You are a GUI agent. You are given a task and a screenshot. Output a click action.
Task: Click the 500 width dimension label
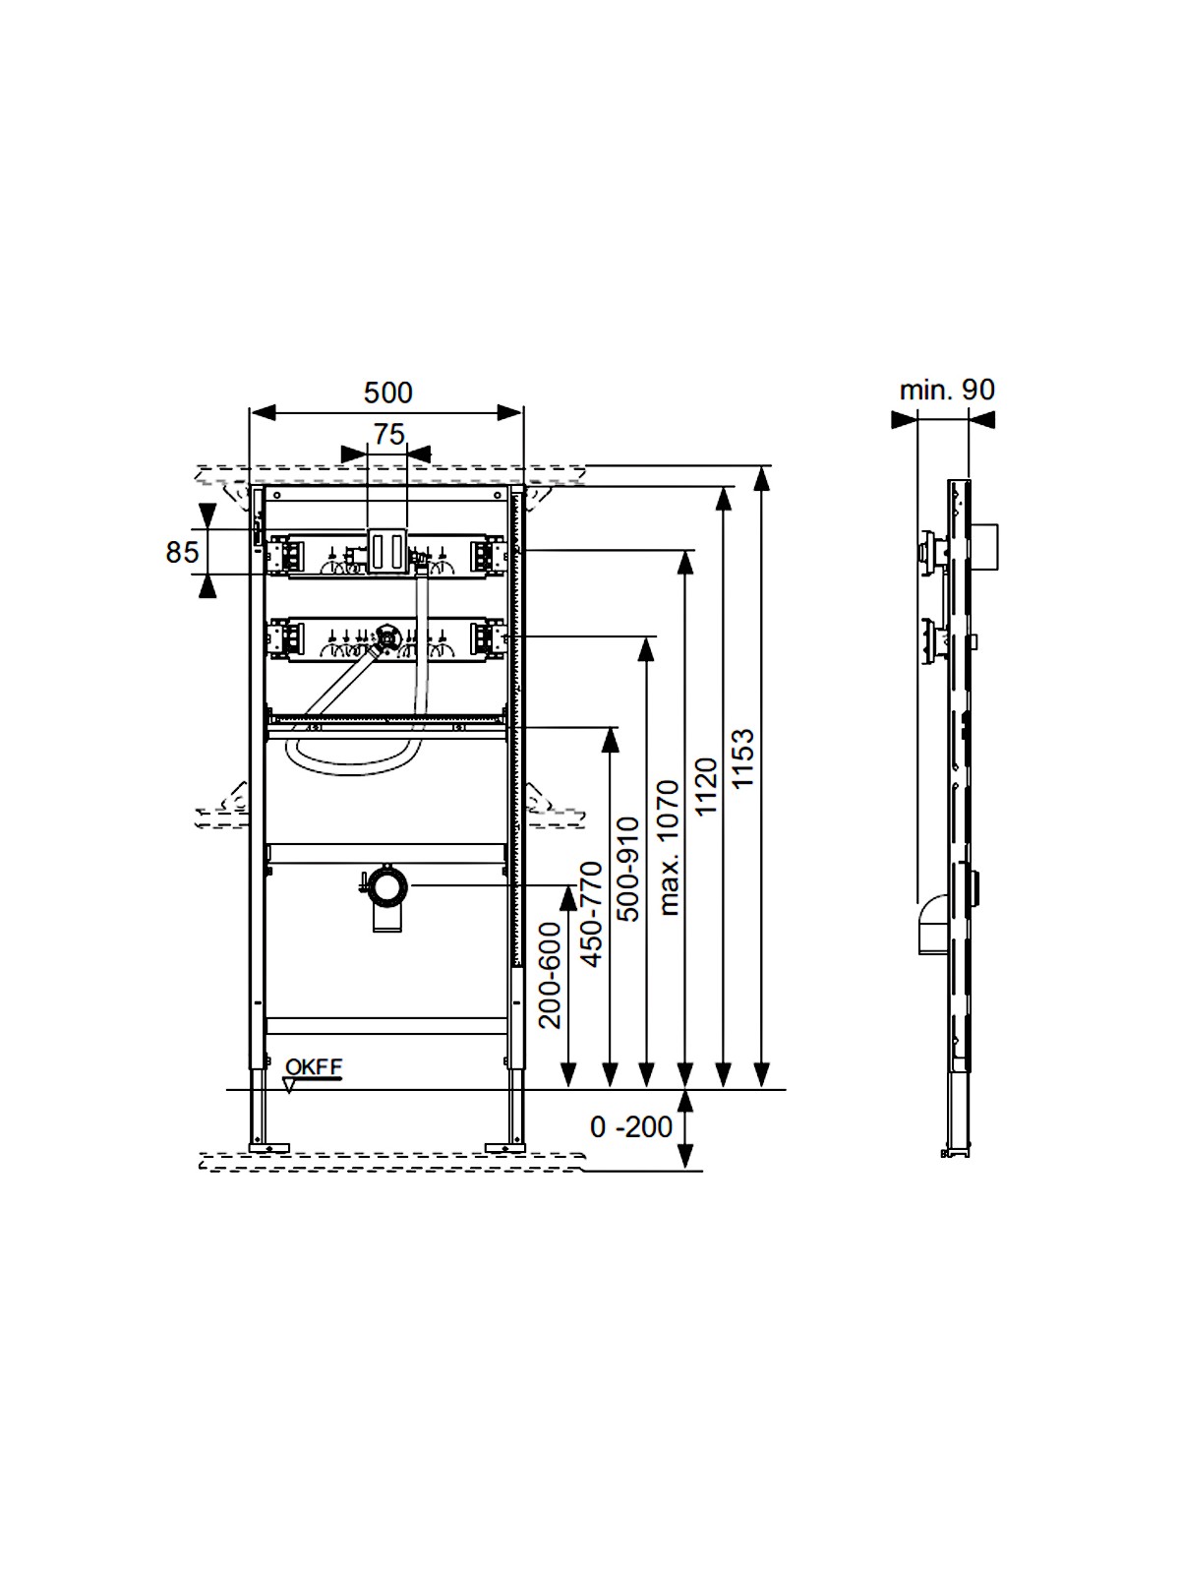387,393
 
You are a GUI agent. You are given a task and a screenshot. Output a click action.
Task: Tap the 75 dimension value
389,434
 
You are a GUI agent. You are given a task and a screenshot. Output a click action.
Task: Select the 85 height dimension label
182,552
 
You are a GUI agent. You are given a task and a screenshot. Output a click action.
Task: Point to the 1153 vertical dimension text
743,758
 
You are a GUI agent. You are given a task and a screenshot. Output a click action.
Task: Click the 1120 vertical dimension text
706,787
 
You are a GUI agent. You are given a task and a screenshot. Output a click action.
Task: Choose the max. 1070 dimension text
668,848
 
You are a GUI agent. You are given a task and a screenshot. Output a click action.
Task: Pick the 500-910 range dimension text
628,869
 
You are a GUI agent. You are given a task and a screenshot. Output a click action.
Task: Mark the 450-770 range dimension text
591,914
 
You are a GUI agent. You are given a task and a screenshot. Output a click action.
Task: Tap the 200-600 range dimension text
550,975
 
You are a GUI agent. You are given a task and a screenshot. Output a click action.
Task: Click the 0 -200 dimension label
631,1127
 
